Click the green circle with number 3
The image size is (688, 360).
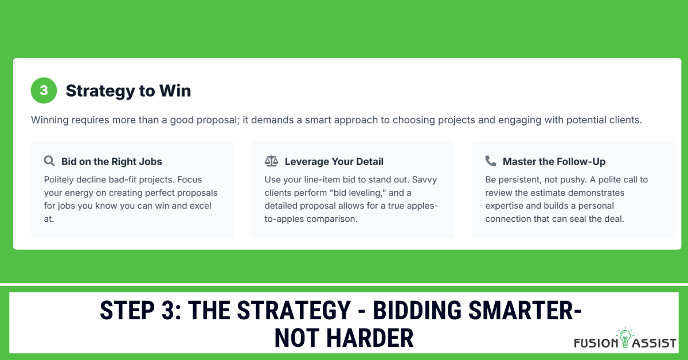[44, 91]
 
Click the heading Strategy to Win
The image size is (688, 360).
[128, 91]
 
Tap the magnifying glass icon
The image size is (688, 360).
[49, 161]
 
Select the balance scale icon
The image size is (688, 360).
[271, 161]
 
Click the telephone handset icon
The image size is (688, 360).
[491, 161]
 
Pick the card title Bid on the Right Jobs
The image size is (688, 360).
[112, 162]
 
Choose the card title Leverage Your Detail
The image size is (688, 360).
[334, 162]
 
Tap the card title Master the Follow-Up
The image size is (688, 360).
[554, 162]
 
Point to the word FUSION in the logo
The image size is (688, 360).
[595, 343]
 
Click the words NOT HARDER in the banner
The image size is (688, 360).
[344, 338]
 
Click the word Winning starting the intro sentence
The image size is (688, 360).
[50, 120]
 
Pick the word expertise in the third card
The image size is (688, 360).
[506, 206]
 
